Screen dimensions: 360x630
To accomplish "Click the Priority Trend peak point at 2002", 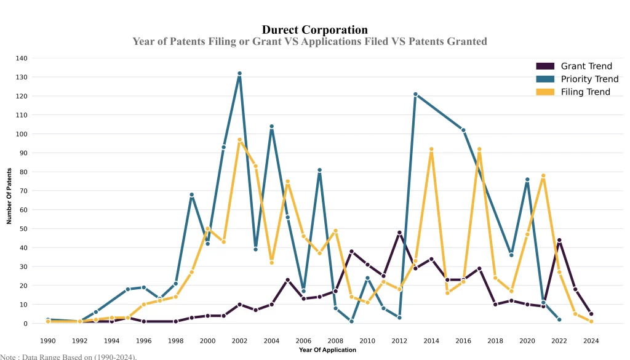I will [239, 73].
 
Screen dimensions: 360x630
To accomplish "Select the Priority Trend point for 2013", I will [415, 94].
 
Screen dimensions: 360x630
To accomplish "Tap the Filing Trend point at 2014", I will [431, 149].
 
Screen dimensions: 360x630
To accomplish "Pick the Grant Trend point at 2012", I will [399, 233].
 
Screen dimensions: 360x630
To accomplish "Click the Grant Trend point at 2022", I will [559, 240].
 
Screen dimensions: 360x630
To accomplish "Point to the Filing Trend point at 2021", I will [543, 175].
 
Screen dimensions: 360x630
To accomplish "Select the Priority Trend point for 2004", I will [271, 126].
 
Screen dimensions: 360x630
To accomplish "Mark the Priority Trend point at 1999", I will [191, 194].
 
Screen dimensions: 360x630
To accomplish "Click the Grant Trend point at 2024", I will [591, 314].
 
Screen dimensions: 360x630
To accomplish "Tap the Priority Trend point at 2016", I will [463, 130].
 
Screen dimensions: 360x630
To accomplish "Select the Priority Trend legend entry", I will [589, 79].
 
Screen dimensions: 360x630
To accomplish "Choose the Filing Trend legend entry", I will [585, 92].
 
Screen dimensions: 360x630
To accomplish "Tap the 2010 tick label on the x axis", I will [367, 340].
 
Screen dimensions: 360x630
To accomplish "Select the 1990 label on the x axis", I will [47, 340].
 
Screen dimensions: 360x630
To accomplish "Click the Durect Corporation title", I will [314, 30].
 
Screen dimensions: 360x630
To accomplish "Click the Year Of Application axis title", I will [327, 350].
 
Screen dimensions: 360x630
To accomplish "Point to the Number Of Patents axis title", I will [9, 196].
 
